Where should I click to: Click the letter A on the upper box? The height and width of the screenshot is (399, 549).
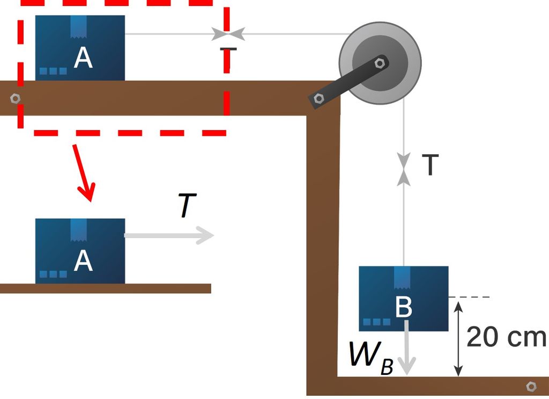tap(83, 58)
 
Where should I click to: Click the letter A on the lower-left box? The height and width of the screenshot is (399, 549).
tap(83, 261)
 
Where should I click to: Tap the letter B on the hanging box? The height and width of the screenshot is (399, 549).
tap(403, 308)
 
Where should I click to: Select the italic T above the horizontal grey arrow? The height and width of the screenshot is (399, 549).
tap(185, 207)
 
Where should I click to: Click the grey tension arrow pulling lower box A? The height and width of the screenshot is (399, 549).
tap(169, 235)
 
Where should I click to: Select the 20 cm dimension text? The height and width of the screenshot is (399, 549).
tap(506, 338)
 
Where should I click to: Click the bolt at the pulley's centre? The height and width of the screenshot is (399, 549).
tap(380, 63)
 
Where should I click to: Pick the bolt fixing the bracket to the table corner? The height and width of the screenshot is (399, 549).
tap(319, 98)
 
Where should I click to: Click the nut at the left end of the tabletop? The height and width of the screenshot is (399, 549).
tap(15, 99)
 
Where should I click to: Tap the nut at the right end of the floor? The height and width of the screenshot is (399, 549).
tap(531, 386)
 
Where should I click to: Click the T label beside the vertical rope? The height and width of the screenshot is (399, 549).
tap(429, 165)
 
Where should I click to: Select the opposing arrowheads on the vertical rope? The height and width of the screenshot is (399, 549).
tap(404, 168)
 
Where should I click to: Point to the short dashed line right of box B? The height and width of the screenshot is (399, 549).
tap(470, 297)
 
